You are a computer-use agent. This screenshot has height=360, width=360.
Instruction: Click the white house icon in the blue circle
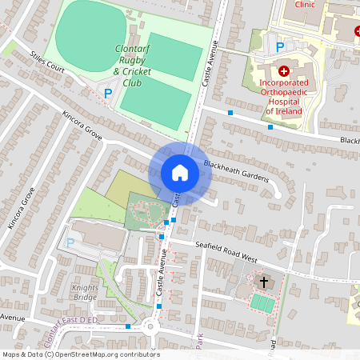[180, 172]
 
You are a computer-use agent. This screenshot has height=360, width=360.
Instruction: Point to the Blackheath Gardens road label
[236, 170]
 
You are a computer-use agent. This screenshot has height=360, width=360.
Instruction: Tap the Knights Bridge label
[85, 292]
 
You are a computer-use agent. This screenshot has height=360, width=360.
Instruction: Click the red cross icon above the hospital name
[283, 71]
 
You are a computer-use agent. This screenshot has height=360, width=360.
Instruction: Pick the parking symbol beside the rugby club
[108, 93]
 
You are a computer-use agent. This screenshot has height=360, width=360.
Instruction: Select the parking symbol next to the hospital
[279, 47]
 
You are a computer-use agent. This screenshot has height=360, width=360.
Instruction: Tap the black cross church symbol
[264, 282]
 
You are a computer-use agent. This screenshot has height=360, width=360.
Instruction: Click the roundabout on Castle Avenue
[150, 326]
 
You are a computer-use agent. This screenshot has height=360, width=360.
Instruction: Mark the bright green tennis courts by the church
[261, 302]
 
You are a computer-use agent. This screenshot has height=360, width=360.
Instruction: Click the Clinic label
[305, 4]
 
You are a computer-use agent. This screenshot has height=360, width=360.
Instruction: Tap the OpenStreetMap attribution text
[81, 354]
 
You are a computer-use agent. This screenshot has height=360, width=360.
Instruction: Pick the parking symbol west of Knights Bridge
[70, 242]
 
